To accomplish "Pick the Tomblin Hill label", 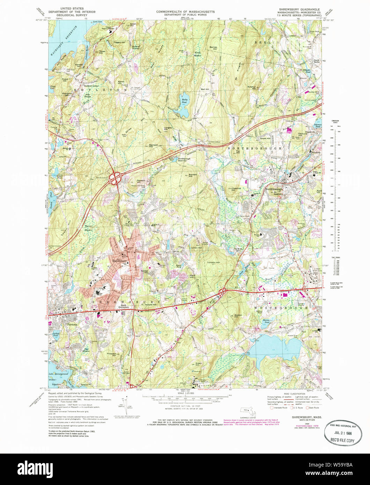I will (x=213, y=262).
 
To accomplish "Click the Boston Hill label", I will (x=238, y=315).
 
